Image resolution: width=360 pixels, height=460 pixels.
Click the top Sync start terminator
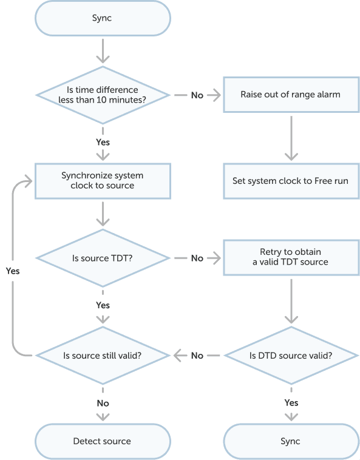(103, 18)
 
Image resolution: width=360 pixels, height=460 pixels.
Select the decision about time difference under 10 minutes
(103, 95)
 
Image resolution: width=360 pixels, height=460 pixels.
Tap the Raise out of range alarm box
(291, 95)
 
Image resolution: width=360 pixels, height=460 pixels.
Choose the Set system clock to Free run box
(291, 181)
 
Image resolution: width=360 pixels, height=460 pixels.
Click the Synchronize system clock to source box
(103, 181)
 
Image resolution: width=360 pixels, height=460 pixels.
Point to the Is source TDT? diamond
(103, 258)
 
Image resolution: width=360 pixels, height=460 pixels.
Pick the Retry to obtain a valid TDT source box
(291, 257)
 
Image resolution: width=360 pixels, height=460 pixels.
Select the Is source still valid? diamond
(103, 356)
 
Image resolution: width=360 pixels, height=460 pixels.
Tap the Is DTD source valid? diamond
(291, 356)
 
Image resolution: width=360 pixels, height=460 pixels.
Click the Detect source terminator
(103, 442)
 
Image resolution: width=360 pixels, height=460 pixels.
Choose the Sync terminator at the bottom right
(291, 442)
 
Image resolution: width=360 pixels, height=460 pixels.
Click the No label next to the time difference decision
(197, 95)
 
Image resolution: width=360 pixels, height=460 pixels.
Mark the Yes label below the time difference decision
(103, 142)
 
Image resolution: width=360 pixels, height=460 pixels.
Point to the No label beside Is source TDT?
(197, 258)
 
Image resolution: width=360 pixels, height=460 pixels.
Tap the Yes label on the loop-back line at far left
(13, 271)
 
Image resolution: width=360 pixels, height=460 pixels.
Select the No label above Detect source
(103, 404)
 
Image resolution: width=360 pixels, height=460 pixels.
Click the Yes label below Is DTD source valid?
(291, 403)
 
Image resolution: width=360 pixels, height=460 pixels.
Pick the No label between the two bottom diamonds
(197, 356)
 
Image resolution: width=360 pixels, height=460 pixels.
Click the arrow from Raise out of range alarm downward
(291, 138)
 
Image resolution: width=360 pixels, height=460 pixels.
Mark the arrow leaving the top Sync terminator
(103, 51)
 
